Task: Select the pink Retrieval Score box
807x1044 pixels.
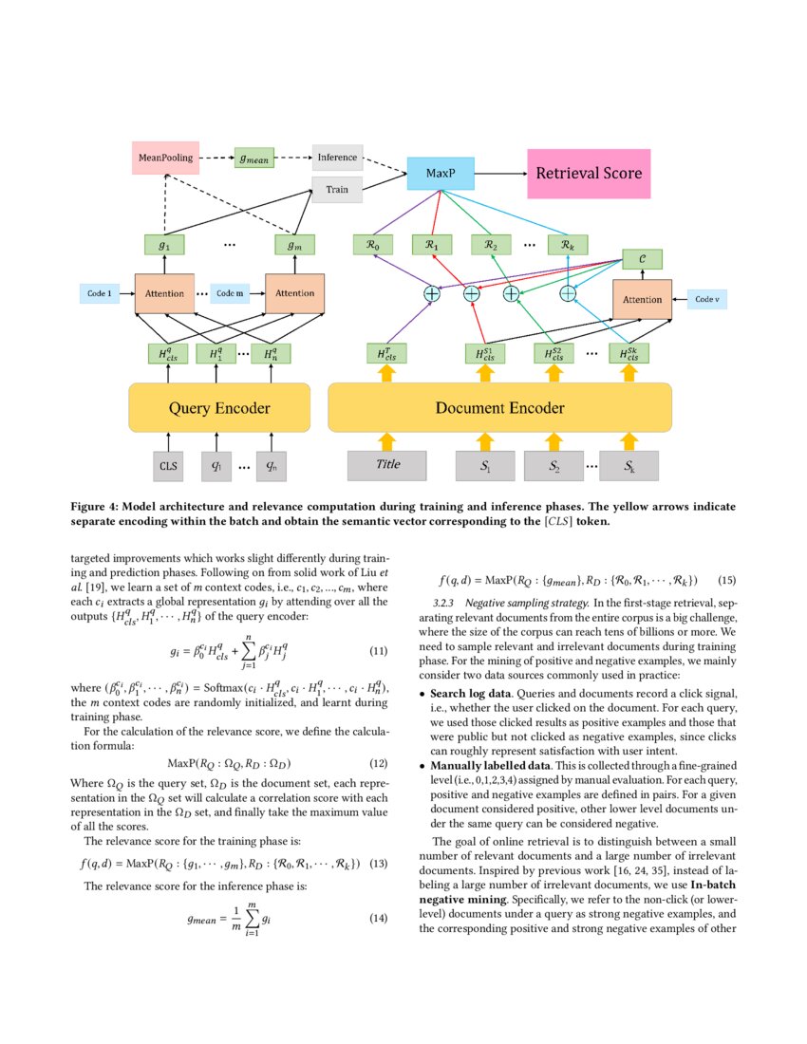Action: click(588, 173)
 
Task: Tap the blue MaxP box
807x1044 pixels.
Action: click(438, 175)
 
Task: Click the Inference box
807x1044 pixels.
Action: click(337, 157)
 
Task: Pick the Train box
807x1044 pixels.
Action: click(337, 190)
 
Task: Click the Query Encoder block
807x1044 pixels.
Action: click(219, 408)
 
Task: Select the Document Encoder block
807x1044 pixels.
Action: click(499, 408)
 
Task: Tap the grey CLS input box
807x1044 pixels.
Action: click(168, 466)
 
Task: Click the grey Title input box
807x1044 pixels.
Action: click(387, 465)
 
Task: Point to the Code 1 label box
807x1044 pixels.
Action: click(100, 294)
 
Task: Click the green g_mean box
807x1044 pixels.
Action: click(253, 158)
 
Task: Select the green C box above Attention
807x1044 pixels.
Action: click(642, 258)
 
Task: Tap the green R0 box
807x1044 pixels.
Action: click(372, 245)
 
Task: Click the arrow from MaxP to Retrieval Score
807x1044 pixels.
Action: click(494, 175)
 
